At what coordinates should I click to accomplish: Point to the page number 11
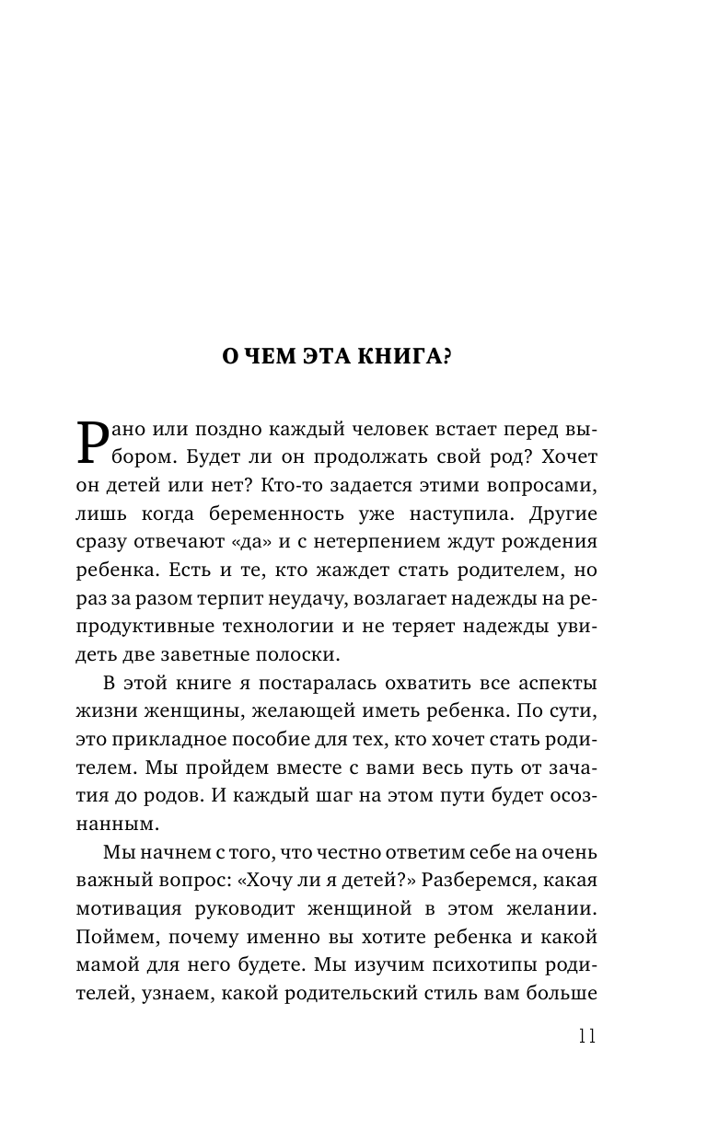pos(586,1034)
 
